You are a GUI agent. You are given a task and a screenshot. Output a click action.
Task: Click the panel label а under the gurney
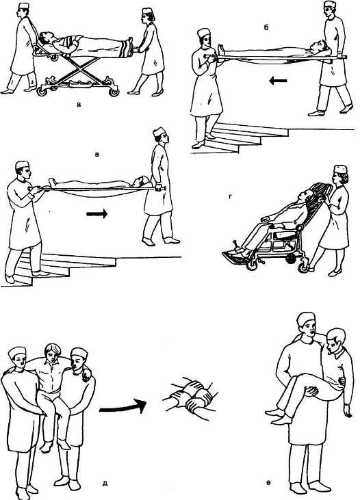79,104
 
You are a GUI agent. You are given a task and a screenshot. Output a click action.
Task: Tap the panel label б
266,28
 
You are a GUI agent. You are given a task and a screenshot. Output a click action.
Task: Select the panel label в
97,155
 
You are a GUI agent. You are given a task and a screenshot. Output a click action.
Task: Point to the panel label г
230,197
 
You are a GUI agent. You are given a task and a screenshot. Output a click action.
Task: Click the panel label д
105,484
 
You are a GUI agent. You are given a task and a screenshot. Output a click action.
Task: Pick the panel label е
268,483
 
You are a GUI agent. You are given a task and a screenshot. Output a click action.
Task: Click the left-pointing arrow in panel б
278,81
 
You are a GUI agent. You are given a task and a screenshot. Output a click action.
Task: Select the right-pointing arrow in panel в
97,213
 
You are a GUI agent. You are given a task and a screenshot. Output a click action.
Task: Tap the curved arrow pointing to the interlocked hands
123,406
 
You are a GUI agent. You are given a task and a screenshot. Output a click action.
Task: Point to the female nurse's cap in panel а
147,11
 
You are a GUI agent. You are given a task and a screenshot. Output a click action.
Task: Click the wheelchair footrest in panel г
235,256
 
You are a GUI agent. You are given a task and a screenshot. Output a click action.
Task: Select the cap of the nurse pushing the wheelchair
340,169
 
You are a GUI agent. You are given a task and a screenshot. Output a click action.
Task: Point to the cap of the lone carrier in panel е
306,319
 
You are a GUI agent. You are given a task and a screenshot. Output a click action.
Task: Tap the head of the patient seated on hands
52,353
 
